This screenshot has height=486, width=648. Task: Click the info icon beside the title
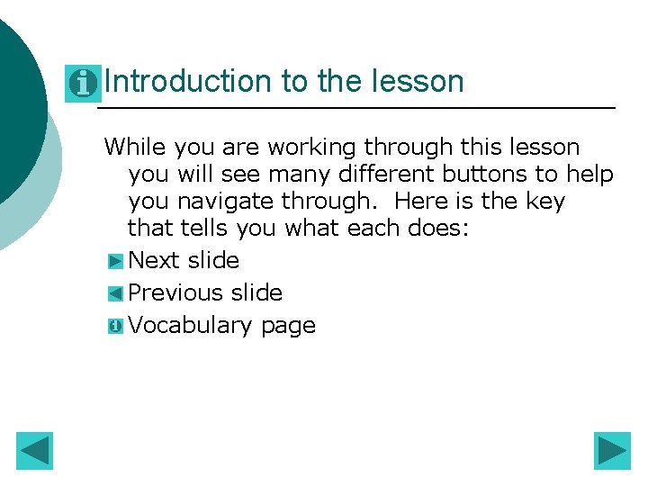pos(83,84)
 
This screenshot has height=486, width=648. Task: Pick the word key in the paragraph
pos(544,201)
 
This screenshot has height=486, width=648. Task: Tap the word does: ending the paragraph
pos(438,228)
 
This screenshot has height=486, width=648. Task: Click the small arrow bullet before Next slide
pos(114,262)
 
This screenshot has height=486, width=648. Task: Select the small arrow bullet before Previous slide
pos(114,293)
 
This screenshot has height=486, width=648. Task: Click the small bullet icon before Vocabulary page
pos(114,326)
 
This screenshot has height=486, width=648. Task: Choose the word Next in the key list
pos(155,261)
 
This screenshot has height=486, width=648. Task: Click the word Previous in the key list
pos(175,292)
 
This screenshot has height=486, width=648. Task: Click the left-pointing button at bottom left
pos(35,451)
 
